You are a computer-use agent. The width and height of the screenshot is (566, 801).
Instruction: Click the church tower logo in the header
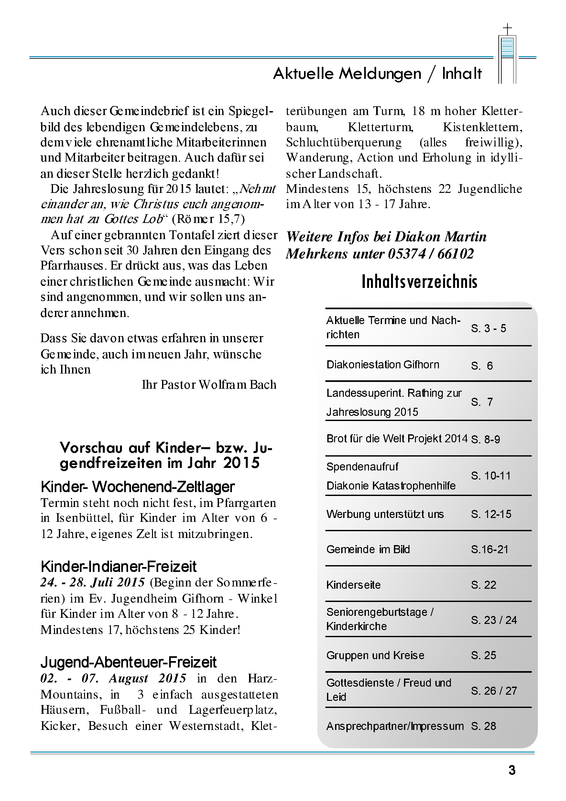pyautogui.click(x=507, y=54)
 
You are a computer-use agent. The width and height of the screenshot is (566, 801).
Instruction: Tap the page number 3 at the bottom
pyautogui.click(x=512, y=770)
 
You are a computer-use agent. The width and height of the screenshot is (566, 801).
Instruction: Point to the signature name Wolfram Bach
pyautogui.click(x=237, y=385)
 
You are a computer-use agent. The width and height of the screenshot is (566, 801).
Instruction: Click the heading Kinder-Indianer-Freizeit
pyautogui.click(x=118, y=566)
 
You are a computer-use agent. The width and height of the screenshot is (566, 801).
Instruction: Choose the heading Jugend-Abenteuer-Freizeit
pyautogui.click(x=128, y=662)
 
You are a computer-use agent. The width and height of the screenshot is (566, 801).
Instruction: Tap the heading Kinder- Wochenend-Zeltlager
pyautogui.click(x=137, y=487)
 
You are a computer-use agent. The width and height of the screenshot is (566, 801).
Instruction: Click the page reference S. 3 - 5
pyautogui.click(x=488, y=328)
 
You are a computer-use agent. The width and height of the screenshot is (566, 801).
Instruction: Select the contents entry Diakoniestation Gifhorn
pyautogui.click(x=383, y=364)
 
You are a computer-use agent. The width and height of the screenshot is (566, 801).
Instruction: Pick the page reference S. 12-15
pyautogui.click(x=491, y=514)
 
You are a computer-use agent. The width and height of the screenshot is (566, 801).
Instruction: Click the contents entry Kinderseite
pyautogui.click(x=354, y=585)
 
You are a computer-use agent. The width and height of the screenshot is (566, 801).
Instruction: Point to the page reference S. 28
pyautogui.click(x=483, y=726)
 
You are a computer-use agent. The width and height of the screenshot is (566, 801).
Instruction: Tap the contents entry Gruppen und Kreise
pyautogui.click(x=375, y=655)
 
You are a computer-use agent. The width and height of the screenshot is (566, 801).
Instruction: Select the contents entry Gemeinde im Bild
pyautogui.click(x=368, y=550)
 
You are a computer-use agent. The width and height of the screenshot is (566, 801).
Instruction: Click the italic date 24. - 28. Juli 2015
pyautogui.click(x=93, y=582)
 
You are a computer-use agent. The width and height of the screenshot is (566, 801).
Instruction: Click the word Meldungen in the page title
pyautogui.click(x=380, y=74)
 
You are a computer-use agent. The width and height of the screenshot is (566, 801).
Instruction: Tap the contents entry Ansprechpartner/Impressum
pyautogui.click(x=395, y=726)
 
